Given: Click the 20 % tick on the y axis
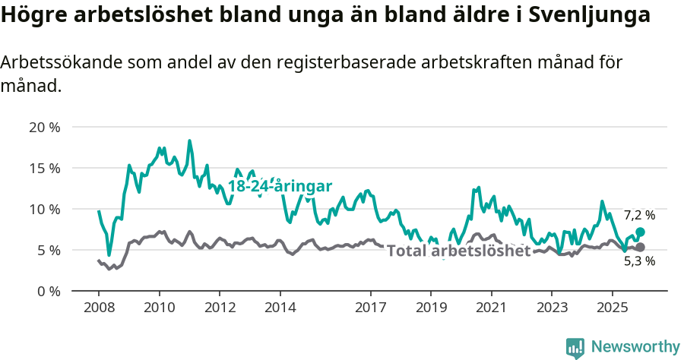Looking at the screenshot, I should click(44, 127).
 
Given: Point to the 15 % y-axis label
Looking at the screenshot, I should click(44, 168).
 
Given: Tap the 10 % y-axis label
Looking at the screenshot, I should click(44, 209).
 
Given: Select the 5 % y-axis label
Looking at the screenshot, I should click(47, 250).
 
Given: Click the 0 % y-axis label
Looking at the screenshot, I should click(47, 291).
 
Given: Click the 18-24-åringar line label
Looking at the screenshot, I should click(280, 187).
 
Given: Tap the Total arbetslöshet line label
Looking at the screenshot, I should click(458, 251).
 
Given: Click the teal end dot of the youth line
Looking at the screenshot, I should click(640, 232).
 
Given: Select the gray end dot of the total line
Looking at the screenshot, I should click(640, 247).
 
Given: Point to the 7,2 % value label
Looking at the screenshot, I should click(639, 216).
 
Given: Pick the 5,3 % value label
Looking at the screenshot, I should click(639, 261).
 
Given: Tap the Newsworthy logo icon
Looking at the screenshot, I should click(575, 347).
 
